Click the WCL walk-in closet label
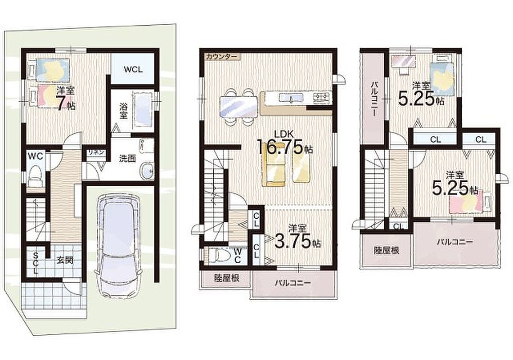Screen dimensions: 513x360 (133, 69)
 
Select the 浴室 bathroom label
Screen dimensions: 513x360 (123, 111)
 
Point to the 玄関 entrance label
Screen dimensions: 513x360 (65, 261)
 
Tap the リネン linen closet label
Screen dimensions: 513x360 (95, 152)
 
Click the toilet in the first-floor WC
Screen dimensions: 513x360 (35, 176)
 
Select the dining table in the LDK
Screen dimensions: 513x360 (238, 106)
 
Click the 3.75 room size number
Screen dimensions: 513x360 (293, 242)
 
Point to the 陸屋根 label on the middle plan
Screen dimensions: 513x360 (226, 278)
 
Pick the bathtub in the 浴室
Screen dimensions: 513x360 (142, 110)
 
